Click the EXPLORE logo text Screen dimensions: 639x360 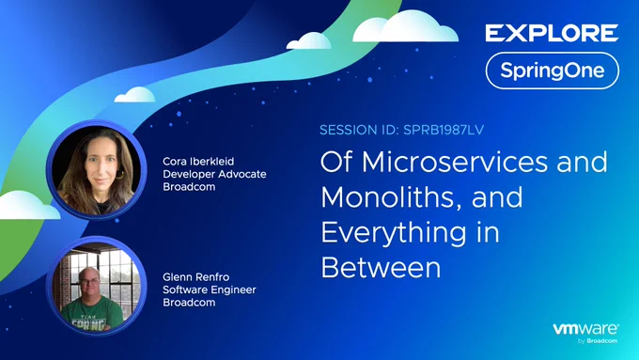(552, 33)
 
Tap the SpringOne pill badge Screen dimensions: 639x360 (553, 70)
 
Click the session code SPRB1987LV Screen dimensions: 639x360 (444, 130)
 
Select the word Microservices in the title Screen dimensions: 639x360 (455, 162)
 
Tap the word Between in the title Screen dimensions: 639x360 (381, 268)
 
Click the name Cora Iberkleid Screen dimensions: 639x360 (198, 161)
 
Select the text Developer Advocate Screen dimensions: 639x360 (214, 174)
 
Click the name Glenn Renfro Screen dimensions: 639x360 (196, 277)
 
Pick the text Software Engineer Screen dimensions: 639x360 (210, 290)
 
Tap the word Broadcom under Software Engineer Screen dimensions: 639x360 (189, 303)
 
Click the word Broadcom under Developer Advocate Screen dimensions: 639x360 (189, 187)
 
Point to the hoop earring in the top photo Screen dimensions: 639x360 (120, 175)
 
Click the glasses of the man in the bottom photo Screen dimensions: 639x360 (89, 281)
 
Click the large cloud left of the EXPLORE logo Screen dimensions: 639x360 (405, 26)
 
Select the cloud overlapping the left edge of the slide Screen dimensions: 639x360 (26, 205)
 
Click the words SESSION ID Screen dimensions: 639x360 (359, 130)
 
